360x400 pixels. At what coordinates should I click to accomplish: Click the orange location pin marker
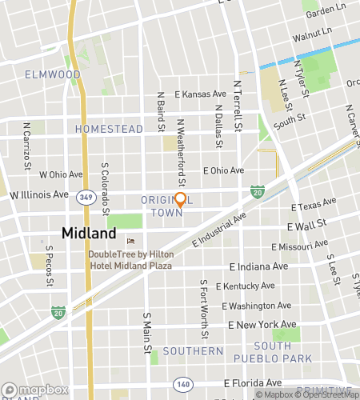click(180, 200)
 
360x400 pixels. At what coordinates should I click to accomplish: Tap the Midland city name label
click(89, 234)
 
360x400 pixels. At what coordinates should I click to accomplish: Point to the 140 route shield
click(184, 384)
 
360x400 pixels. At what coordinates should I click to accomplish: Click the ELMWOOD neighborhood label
click(53, 74)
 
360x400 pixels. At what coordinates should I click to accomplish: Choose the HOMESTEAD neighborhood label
click(109, 129)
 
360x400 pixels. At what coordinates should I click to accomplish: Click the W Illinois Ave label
click(38, 194)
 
